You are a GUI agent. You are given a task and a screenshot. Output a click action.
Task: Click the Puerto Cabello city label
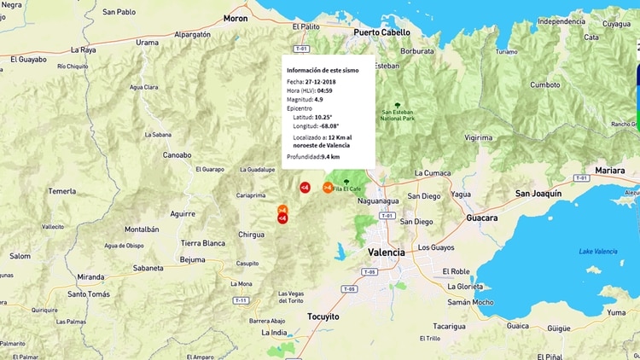tap(382, 32)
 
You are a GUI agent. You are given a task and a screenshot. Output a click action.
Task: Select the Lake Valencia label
tap(597, 251)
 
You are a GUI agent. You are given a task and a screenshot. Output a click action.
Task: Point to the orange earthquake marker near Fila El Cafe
tap(328, 187)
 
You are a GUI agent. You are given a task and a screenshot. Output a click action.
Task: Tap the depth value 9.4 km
tap(331, 157)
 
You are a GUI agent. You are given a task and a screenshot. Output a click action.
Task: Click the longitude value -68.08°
tap(329, 126)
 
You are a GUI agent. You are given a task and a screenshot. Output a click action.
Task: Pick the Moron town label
tap(235, 17)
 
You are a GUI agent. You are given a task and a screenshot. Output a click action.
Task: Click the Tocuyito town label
tap(323, 316)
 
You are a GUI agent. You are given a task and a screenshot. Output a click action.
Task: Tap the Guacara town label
tap(481, 218)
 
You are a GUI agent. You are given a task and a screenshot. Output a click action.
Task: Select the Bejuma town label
tap(193, 259)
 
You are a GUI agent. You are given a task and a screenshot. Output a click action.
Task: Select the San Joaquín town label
tap(538, 194)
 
